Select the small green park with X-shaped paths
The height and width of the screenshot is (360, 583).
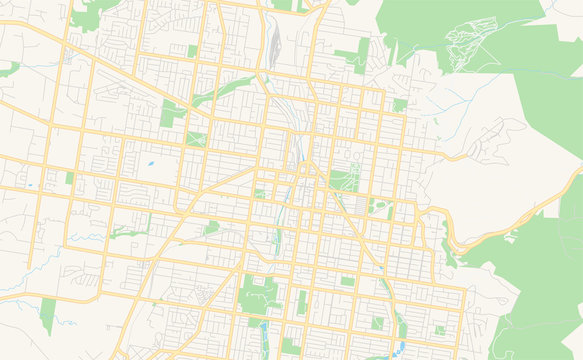pos(195,139)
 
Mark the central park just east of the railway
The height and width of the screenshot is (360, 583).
pos(344,180)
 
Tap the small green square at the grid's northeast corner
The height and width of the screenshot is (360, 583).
pos(399,104)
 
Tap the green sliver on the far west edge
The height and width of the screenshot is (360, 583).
pos(10,69)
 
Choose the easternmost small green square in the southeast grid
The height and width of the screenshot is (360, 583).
pos(440,330)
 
